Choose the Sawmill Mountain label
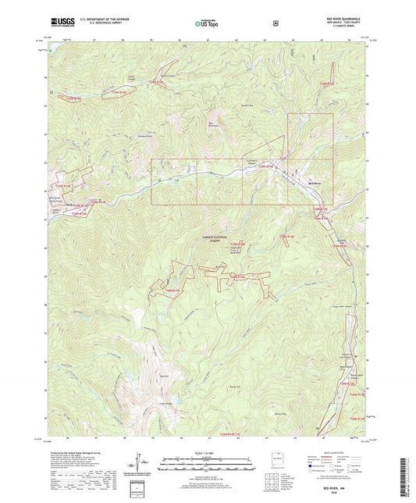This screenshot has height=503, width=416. click(x=247, y=105)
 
